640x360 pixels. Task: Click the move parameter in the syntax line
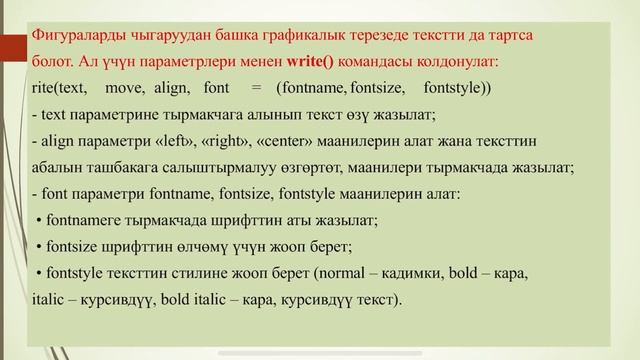tap(125, 87)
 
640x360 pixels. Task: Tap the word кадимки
tap(411, 271)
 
